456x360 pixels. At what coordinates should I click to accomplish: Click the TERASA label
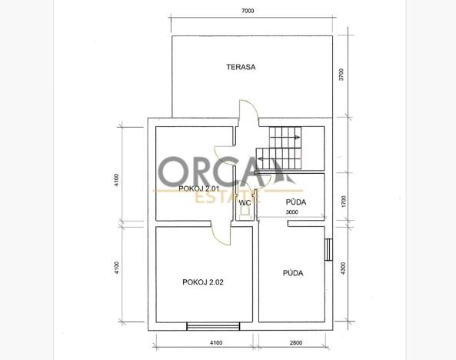241,67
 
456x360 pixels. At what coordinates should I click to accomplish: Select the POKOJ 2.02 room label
203,282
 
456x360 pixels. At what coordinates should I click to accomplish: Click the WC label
245,203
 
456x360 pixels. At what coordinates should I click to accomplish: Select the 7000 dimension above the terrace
248,12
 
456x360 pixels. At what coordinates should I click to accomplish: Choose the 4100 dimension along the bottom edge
216,342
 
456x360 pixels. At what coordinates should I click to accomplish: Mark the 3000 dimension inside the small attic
292,212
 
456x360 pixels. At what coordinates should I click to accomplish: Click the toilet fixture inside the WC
244,216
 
